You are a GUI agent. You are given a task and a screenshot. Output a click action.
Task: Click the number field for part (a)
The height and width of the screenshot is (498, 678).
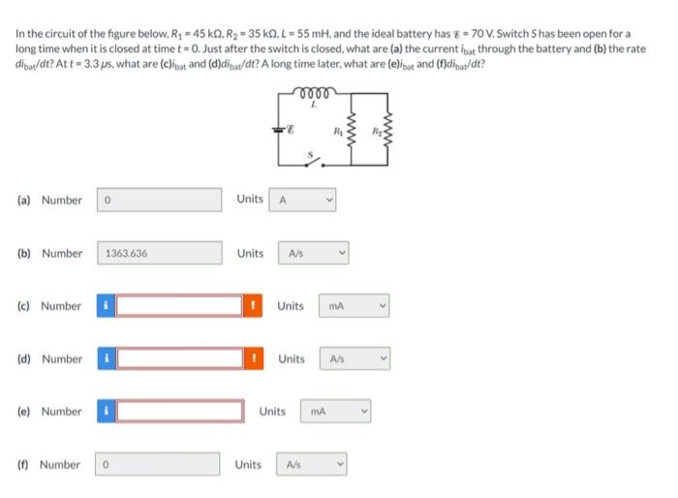click(159, 200)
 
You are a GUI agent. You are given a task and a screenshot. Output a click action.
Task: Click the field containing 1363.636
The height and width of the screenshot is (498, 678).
click(159, 253)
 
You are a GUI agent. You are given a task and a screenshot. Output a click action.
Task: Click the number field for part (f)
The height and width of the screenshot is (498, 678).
click(159, 465)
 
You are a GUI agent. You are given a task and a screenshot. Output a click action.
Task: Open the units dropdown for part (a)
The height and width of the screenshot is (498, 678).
click(304, 200)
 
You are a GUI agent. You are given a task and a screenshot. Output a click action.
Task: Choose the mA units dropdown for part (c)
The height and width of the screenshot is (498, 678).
click(354, 306)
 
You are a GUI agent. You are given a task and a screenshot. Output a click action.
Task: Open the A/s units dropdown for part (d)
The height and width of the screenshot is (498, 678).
click(354, 359)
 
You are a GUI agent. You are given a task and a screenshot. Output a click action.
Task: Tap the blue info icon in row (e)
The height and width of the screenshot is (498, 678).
click(106, 412)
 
